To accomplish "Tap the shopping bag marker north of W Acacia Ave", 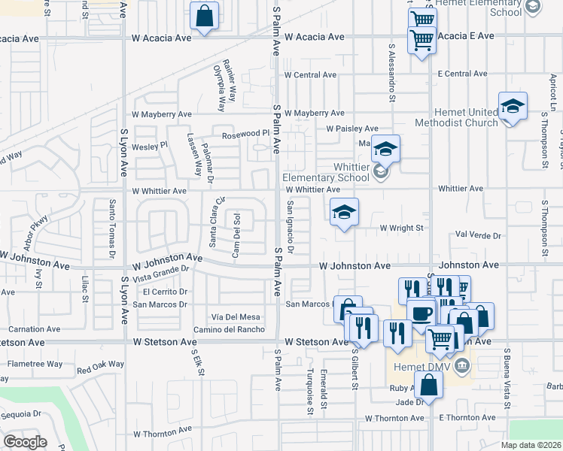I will (204, 17).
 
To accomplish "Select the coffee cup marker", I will (421, 312).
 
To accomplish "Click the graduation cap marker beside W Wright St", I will (344, 213).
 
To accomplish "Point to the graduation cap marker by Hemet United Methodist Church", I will (513, 107).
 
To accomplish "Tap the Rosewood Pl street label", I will (245, 134).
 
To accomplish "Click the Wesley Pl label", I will (149, 145).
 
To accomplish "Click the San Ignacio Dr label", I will (290, 226).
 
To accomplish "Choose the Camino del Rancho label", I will (228, 329).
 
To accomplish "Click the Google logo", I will (25, 442).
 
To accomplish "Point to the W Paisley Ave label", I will (351, 129).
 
